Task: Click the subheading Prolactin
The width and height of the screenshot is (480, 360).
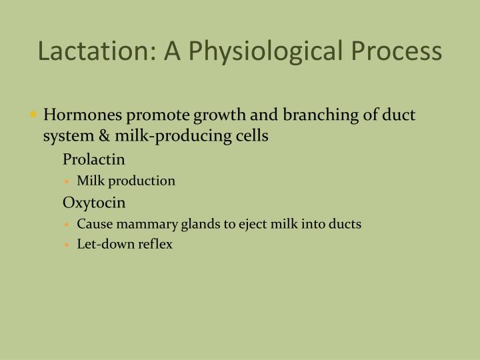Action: tap(94, 160)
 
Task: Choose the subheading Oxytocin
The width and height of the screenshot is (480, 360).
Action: tap(94, 202)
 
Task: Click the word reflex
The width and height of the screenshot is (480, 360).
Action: tap(156, 244)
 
